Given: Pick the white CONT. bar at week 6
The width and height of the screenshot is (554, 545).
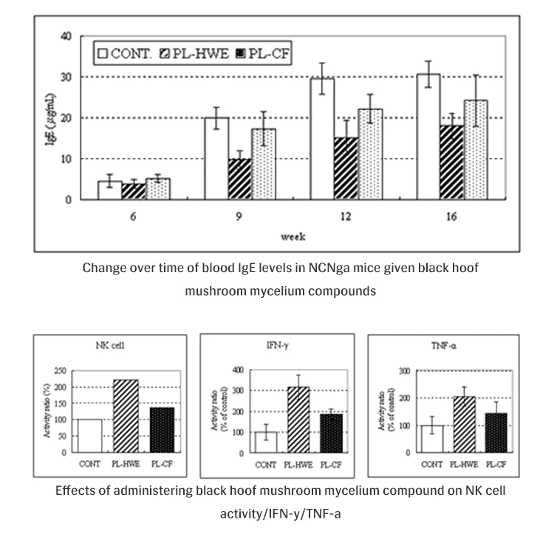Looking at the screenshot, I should (109, 190).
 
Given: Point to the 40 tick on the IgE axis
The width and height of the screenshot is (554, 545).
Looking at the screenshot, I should (65, 36).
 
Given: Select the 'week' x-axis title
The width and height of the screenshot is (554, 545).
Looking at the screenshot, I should (289, 237).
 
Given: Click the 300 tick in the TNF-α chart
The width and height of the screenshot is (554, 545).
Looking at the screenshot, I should (405, 370).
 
